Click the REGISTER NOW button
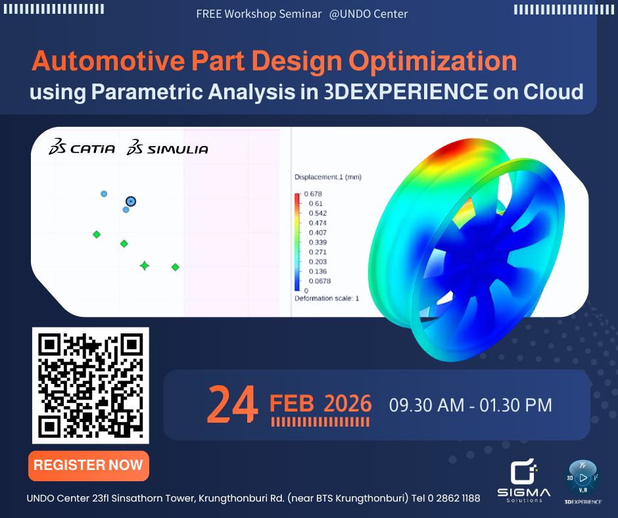pyautogui.click(x=88, y=465)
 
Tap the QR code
pyautogui.click(x=91, y=385)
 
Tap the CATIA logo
pyautogui.click(x=82, y=148)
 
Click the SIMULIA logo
pyautogui.click(x=167, y=148)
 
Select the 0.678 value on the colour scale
pyautogui.click(x=312, y=194)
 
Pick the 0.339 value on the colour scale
pyautogui.click(x=318, y=242)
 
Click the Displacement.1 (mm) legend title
pyautogui.click(x=327, y=177)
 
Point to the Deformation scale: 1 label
pyautogui.click(x=327, y=298)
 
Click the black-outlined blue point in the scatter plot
pyautogui.click(x=131, y=201)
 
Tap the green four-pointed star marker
pyautogui.click(x=145, y=266)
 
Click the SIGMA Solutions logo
pyautogui.click(x=523, y=481)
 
